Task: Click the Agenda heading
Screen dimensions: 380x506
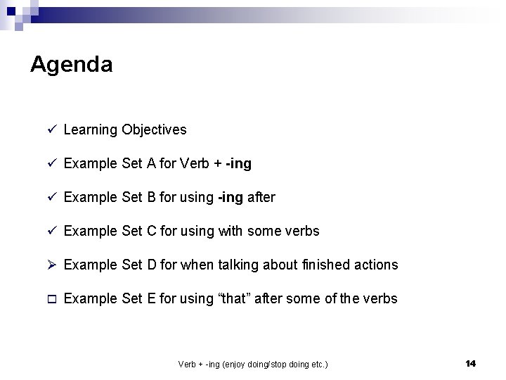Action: point(71,65)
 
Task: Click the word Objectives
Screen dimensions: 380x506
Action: point(154,129)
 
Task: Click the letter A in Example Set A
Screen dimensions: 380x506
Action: point(151,163)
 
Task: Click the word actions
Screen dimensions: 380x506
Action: point(375,265)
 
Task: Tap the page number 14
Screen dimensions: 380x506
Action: point(470,363)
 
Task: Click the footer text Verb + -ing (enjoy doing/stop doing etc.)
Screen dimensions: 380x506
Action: point(253,364)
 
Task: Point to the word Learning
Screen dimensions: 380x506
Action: point(90,129)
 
